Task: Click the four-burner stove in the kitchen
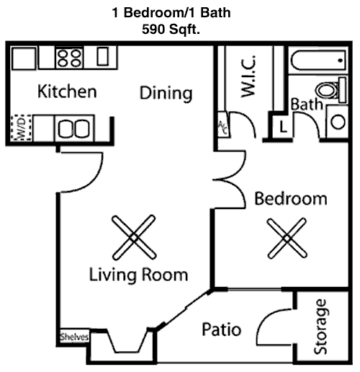(69, 58)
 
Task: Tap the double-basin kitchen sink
(74, 128)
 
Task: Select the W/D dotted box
(21, 128)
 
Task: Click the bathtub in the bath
(318, 60)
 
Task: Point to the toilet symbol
(331, 90)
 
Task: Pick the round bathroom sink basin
(338, 122)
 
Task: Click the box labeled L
(283, 127)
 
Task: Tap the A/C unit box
(223, 125)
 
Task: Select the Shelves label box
(74, 337)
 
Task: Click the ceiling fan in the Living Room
(134, 237)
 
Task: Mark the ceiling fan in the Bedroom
(287, 238)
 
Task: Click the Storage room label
(321, 327)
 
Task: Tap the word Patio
(222, 329)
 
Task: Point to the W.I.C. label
(248, 76)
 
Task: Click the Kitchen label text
(67, 91)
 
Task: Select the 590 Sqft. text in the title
(171, 30)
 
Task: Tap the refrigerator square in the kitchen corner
(24, 58)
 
